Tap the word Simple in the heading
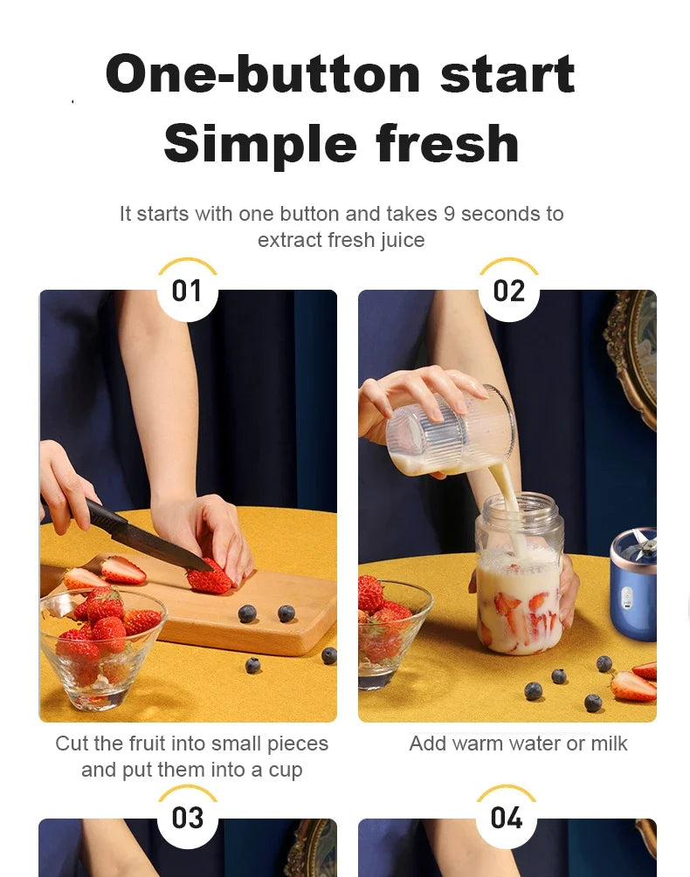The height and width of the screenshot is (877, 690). coord(259,144)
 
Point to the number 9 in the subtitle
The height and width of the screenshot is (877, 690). coord(449,214)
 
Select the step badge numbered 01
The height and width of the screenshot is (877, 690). coord(187,291)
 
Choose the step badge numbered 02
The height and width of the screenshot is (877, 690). coord(508,291)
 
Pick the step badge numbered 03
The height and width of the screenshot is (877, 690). coord(187,819)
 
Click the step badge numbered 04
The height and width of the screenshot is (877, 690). coord(507,819)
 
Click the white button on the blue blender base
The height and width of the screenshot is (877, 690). coord(626,599)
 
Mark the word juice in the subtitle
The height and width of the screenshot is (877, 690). coord(398,240)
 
